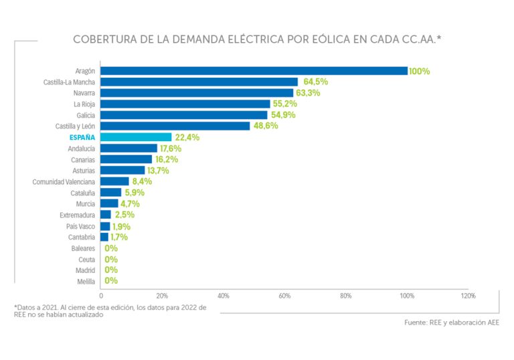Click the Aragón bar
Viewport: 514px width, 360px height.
tap(254, 71)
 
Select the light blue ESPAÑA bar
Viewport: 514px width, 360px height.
tap(137, 137)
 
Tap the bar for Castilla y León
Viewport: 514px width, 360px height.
tap(175, 126)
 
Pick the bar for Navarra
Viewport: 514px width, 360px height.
tap(197, 93)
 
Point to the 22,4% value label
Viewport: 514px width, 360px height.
tap(187, 137)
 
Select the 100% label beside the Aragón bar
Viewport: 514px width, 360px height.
tap(420, 71)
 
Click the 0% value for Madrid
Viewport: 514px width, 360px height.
tap(111, 270)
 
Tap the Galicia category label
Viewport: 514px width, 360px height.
tap(86, 115)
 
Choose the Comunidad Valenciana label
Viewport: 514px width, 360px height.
tap(64, 181)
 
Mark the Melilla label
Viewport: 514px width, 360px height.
tap(86, 282)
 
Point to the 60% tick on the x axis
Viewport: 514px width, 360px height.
tap(284, 295)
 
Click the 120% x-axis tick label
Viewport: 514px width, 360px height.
tap(468, 295)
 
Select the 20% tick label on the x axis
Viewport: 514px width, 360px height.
tap(162, 295)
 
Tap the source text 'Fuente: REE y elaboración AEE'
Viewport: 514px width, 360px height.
tap(451, 323)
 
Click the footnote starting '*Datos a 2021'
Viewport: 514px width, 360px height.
tap(110, 310)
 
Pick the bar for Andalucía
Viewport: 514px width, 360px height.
tap(129, 149)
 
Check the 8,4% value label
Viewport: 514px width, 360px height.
tap(142, 181)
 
